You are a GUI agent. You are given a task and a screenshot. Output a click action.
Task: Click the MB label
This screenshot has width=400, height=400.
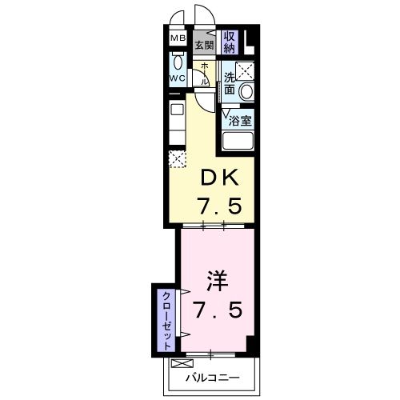point(176,38)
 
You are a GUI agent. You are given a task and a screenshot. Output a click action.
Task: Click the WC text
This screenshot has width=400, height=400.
point(177,78)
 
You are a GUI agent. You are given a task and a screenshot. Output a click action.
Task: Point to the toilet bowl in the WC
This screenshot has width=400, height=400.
point(177,64)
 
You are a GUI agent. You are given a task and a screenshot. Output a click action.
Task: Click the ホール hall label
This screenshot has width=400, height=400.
point(205,74)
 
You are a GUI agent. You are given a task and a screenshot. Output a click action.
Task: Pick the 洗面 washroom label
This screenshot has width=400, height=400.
point(230,83)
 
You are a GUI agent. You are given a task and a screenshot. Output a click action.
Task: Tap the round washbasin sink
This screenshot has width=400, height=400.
point(246,91)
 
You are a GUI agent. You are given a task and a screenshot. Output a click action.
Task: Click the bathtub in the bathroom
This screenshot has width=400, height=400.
point(238,142)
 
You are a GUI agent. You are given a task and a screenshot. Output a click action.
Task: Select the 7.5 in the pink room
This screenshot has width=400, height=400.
point(217,309)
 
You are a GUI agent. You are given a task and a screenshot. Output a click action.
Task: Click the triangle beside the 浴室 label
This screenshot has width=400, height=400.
point(226,113)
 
